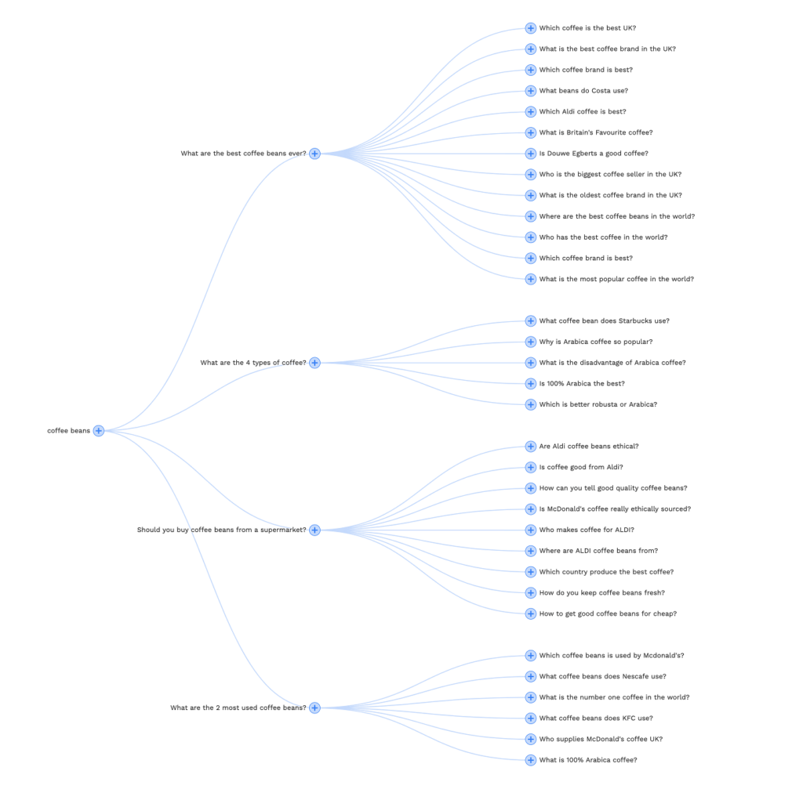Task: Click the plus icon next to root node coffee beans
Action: [x=99, y=431]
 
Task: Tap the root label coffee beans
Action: [x=69, y=431]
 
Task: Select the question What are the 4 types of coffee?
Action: [x=253, y=363]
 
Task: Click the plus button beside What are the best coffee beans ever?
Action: [x=315, y=154]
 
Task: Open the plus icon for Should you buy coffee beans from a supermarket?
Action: [x=315, y=530]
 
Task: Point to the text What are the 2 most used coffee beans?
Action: [x=238, y=708]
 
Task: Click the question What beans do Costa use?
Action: [x=583, y=91]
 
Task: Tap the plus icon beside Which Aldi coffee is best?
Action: [x=531, y=111]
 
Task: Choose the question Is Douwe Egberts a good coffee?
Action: [x=594, y=154]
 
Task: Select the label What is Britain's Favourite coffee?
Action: [x=596, y=132]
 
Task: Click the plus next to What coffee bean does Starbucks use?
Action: [x=531, y=320]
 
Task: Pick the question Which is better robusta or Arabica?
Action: [x=598, y=404]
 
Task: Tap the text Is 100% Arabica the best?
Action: [x=582, y=384]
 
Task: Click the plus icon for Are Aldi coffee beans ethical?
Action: [x=531, y=446]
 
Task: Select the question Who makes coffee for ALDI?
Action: [x=587, y=530]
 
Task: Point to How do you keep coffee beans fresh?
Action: [x=601, y=592]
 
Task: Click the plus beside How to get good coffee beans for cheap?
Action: [x=531, y=613]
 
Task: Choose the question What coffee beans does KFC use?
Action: [x=596, y=718]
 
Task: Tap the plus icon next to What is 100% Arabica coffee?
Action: [x=531, y=760]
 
